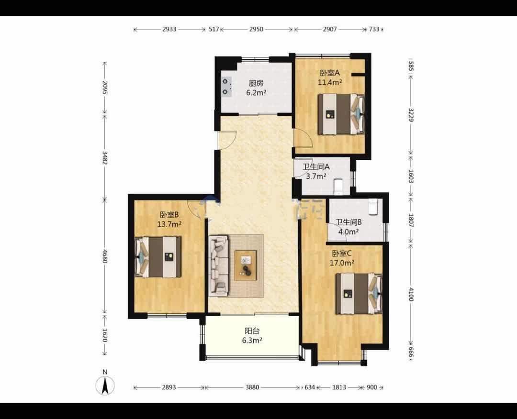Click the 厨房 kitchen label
click(256, 83)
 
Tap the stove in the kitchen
click(226, 87)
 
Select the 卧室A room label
click(329, 73)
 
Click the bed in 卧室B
click(158, 257)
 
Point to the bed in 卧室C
click(359, 293)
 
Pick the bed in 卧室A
click(341, 114)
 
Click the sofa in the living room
click(218, 265)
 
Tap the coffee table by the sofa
click(245, 265)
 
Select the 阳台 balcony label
click(252, 331)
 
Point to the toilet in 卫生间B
click(373, 207)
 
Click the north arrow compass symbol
click(105, 384)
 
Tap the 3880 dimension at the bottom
click(252, 387)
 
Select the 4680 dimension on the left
click(105, 256)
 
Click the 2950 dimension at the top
click(256, 29)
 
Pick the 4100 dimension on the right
click(411, 294)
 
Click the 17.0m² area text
click(342, 263)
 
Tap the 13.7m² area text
click(169, 225)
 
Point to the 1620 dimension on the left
click(105, 335)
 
